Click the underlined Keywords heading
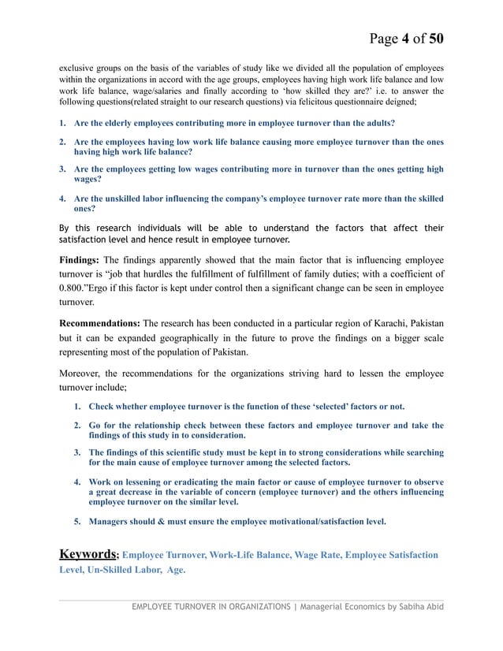(89, 554)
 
